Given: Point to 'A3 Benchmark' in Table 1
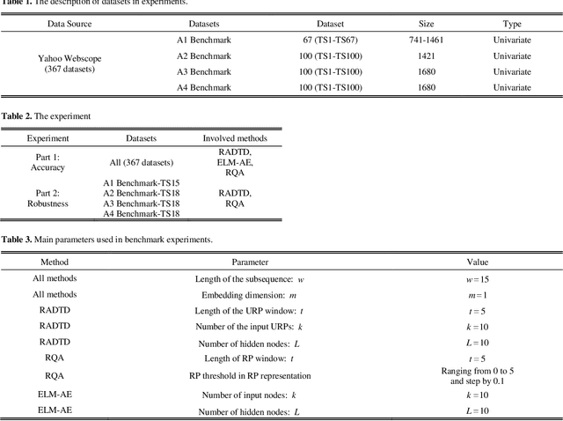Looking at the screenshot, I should (204, 72).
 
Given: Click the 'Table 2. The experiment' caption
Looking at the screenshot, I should (46, 116).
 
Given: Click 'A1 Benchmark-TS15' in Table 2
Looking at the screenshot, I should (142, 182).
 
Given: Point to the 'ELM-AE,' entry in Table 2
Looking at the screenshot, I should (234, 162).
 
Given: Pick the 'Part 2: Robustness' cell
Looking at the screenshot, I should (41, 197).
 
